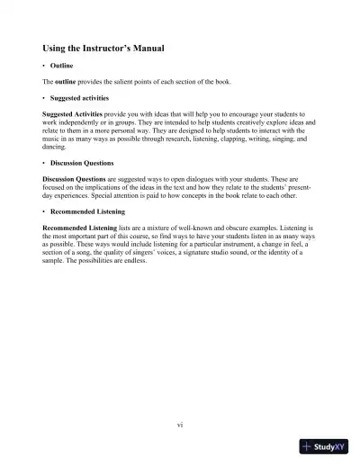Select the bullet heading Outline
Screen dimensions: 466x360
point(62,67)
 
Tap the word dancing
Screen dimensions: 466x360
point(56,147)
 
